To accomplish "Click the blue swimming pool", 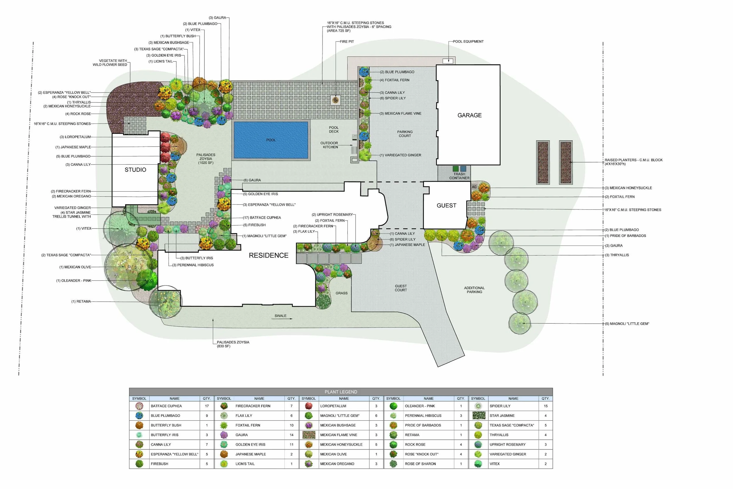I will [x=271, y=140].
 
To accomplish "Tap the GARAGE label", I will [x=469, y=115].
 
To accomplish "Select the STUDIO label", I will [x=135, y=170].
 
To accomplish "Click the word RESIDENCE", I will [x=268, y=256].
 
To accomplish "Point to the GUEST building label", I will [x=446, y=206].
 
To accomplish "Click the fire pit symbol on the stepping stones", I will [x=336, y=100].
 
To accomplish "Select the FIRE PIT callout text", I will [x=347, y=41].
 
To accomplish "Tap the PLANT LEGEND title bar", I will [x=341, y=392].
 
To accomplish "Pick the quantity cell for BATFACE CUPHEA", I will [x=207, y=406].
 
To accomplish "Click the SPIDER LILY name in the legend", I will [x=500, y=406].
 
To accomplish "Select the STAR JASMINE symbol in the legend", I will [x=479, y=415].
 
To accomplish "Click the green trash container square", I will [x=456, y=169].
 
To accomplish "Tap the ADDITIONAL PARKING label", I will [x=474, y=290].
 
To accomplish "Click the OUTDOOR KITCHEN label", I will [x=330, y=145].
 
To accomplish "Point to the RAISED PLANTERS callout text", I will [x=633, y=162].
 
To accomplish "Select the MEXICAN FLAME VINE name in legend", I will [x=338, y=435].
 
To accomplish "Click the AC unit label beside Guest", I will [x=474, y=187].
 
